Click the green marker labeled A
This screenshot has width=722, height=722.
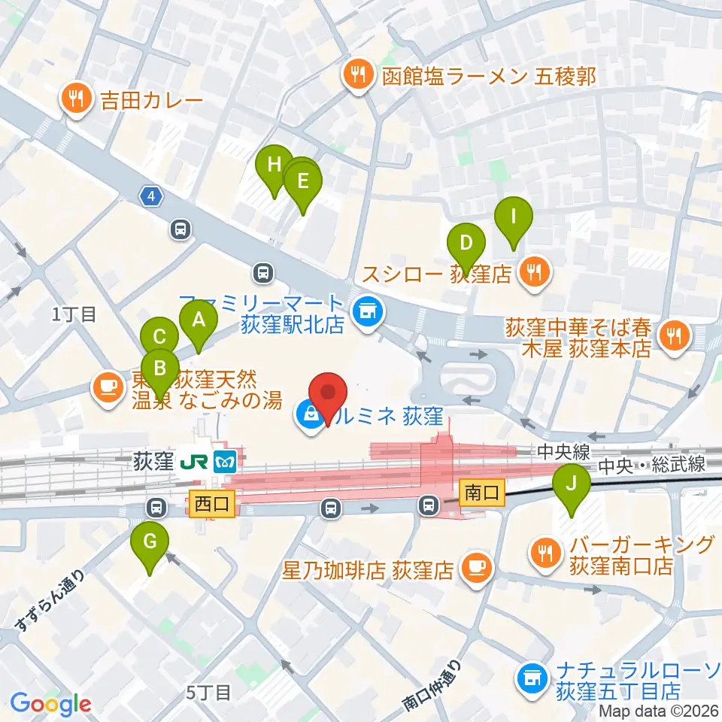coord(199,321)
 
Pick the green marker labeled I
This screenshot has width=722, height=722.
coord(514,218)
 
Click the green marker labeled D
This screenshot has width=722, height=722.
coord(466,244)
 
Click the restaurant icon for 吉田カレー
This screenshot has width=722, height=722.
coord(77,98)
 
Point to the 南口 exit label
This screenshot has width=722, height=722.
coord(482,493)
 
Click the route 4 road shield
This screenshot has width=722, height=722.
coord(151,196)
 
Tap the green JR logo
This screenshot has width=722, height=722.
coord(198,460)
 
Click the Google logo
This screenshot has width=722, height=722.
coord(51,704)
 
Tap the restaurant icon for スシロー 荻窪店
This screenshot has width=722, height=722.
coord(535,272)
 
